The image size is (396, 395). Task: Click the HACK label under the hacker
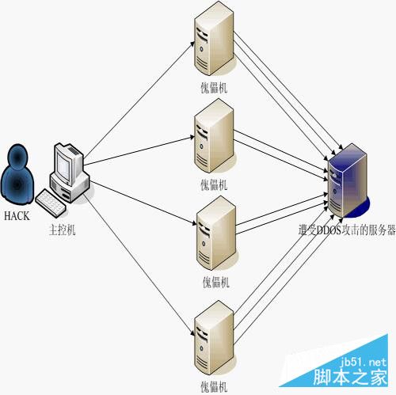point(17,215)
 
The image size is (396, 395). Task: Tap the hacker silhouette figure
point(18,175)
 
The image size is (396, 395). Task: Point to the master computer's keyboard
point(51,203)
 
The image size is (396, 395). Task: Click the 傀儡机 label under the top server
point(214,87)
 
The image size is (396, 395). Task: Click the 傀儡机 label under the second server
point(214,184)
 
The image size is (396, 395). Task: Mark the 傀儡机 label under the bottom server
point(214,386)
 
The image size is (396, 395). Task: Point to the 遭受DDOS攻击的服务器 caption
point(345,234)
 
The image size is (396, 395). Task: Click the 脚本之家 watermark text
point(356,378)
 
